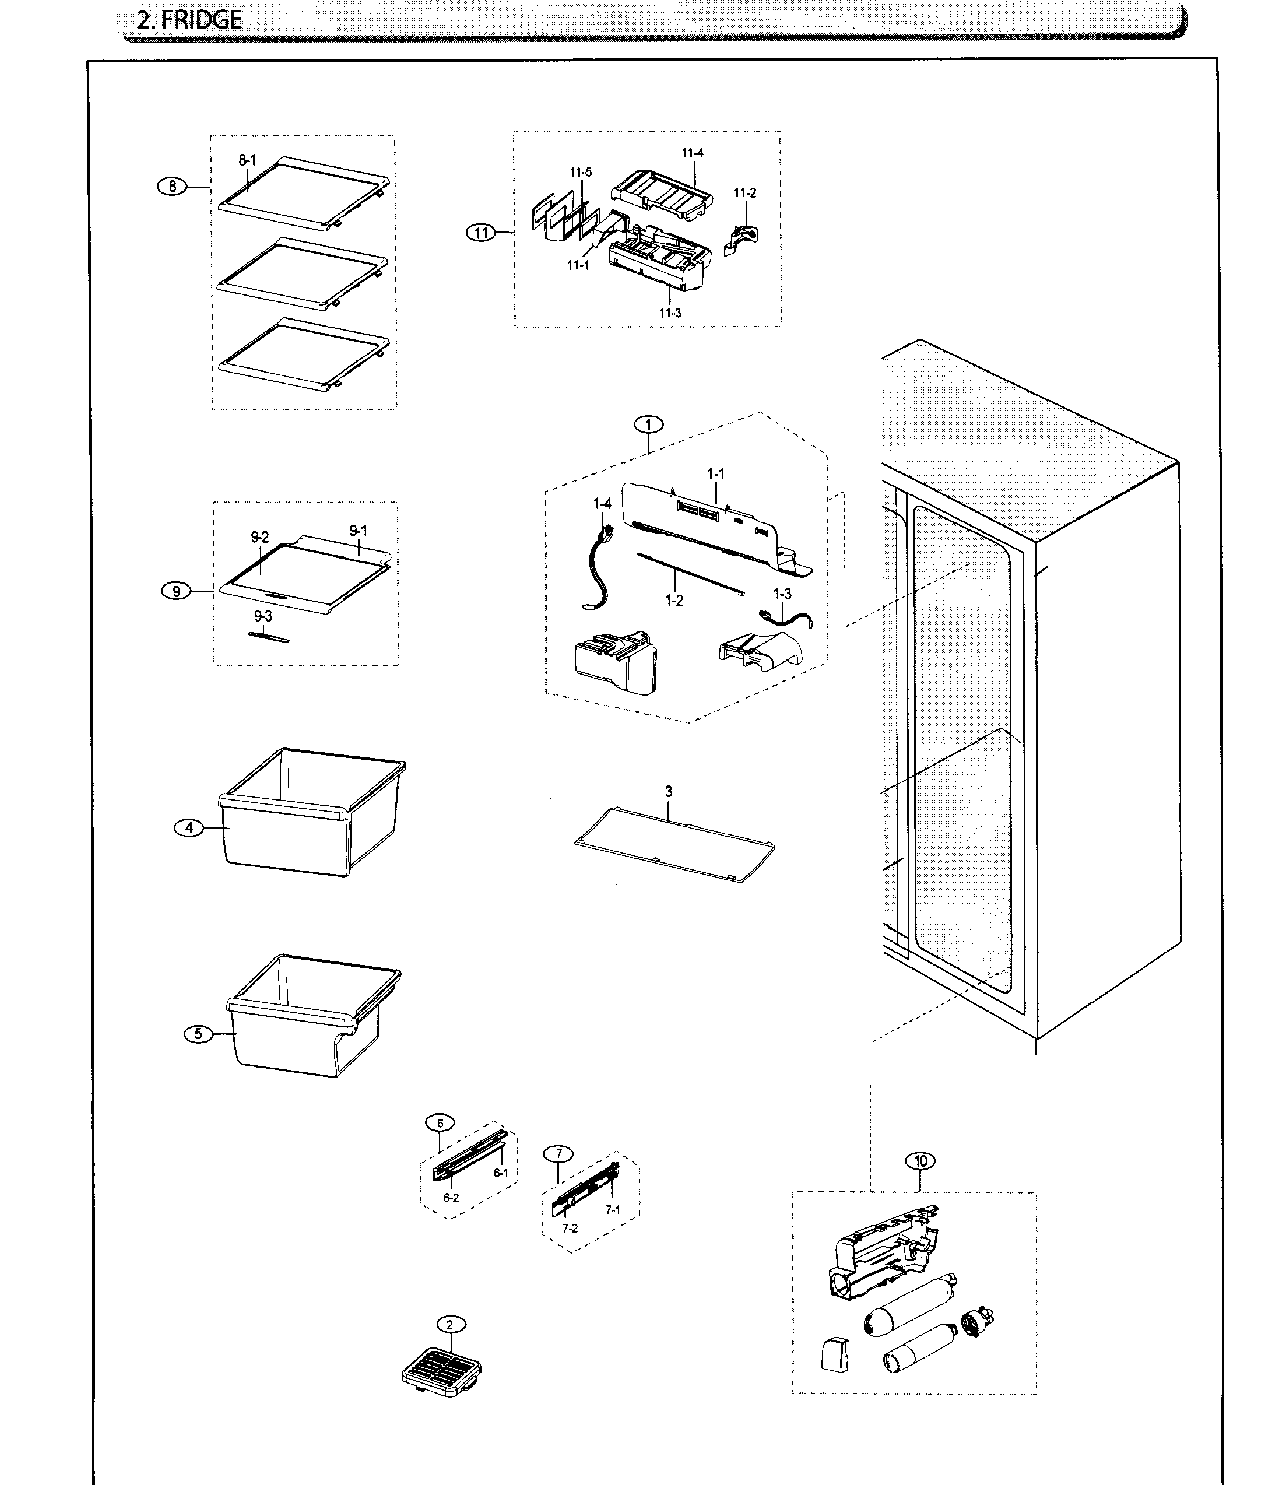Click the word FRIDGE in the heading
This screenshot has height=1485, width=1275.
tap(202, 20)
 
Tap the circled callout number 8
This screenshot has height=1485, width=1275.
tap(172, 187)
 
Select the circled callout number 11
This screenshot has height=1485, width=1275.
tap(481, 232)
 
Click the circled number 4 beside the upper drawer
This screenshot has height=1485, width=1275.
tap(189, 828)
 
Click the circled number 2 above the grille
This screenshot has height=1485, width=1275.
tap(450, 1325)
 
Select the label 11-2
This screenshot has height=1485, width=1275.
tap(745, 193)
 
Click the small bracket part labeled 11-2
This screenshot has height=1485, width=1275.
tap(742, 238)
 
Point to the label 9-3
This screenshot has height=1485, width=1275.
tap(263, 616)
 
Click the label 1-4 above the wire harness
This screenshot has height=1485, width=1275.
tap(602, 504)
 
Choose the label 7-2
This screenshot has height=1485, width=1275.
tap(570, 1228)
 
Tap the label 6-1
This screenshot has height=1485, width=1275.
tap(501, 1173)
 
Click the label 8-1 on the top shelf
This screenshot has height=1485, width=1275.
tap(247, 160)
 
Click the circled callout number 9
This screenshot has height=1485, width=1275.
tap(176, 591)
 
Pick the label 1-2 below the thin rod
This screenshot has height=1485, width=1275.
tap(674, 601)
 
